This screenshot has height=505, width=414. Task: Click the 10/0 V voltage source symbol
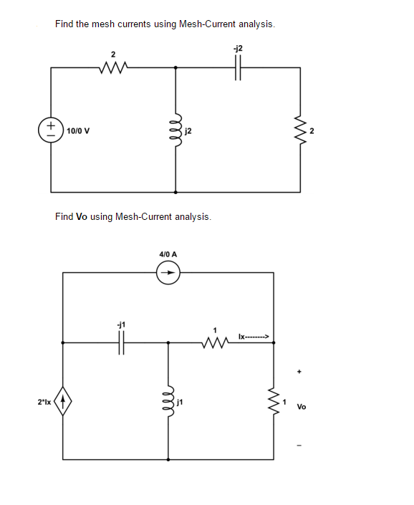[51, 131]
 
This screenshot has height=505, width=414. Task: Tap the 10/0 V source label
[77, 132]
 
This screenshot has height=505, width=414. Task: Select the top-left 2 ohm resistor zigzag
[113, 68]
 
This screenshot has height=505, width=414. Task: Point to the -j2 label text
[238, 48]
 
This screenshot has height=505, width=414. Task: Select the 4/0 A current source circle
[168, 272]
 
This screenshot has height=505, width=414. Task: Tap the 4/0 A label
[168, 254]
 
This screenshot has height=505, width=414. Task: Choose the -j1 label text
[121, 324]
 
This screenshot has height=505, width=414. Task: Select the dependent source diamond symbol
[63, 405]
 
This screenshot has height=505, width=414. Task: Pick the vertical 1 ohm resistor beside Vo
[273, 405]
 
